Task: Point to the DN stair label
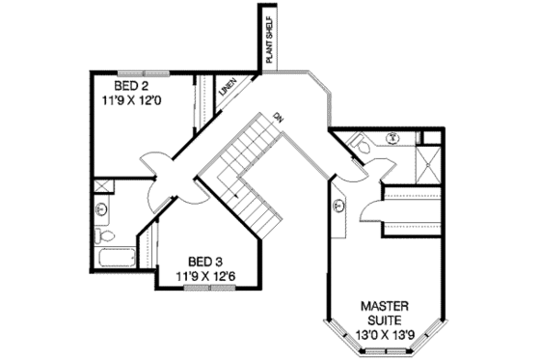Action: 278,117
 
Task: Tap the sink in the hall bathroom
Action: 102,208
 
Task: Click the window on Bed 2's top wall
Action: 135,68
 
